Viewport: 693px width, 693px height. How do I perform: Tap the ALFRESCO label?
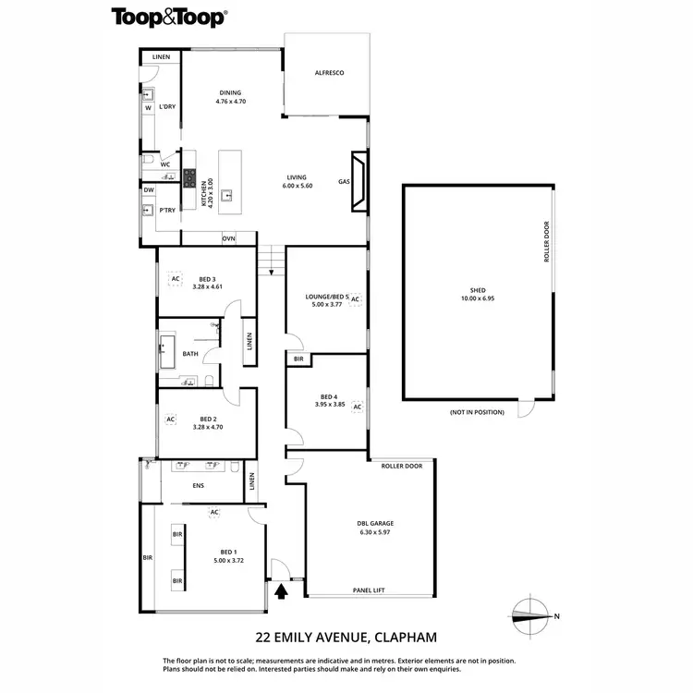click(329, 72)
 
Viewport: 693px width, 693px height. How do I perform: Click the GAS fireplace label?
click(343, 182)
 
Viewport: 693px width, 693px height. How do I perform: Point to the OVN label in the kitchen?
click(228, 238)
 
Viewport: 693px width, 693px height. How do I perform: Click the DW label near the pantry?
click(148, 190)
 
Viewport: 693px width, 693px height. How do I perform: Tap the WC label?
click(165, 164)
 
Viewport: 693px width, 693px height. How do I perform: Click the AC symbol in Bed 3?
click(174, 278)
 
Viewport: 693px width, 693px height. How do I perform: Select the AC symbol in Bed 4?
click(357, 406)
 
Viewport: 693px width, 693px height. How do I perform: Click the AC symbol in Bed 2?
click(170, 419)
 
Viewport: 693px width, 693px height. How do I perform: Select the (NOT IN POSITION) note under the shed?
click(478, 411)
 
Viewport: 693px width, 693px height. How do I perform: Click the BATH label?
click(190, 354)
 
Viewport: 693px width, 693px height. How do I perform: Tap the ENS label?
click(198, 485)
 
